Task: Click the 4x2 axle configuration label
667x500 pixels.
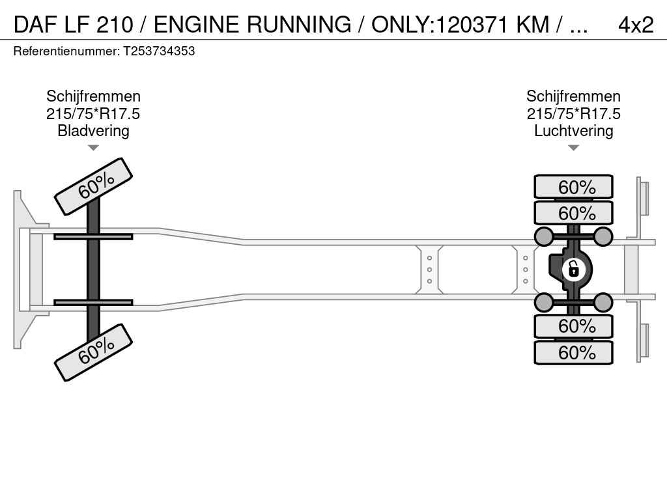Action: coord(635,25)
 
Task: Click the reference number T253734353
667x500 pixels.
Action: coord(159,51)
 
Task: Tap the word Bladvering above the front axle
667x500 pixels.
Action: coord(93,131)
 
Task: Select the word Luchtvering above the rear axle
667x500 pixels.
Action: coord(573,131)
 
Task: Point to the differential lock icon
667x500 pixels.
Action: coord(573,269)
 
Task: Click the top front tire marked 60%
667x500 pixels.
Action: coord(93,186)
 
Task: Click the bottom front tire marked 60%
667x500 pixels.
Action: coord(93,352)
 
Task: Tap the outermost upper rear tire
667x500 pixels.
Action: coord(573,187)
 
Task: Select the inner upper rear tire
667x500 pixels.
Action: coord(573,213)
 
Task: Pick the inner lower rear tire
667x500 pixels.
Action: coord(573,326)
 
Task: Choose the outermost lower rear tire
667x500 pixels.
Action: coord(573,352)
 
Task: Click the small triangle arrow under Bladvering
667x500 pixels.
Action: coord(93,148)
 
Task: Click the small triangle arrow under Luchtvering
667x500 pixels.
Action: coord(573,148)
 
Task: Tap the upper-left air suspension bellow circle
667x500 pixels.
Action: coord(543,236)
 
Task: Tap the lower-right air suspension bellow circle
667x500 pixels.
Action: coord(603,302)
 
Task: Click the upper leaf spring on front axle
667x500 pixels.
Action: coord(93,236)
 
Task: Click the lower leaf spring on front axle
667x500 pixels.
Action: coord(93,302)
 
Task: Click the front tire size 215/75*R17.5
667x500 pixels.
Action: coord(93,114)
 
